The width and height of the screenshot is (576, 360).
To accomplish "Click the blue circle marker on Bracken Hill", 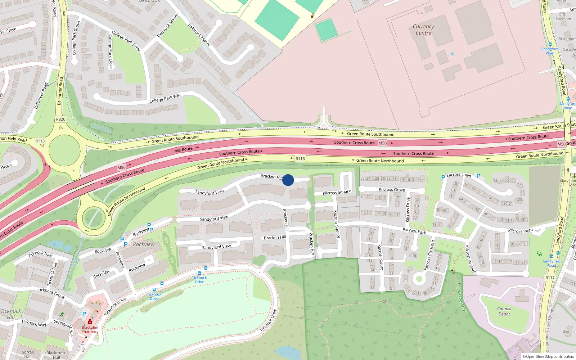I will (x=288, y=180).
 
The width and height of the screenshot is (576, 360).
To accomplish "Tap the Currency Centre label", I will (x=423, y=30).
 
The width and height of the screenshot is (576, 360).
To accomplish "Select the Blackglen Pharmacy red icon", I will (x=90, y=321).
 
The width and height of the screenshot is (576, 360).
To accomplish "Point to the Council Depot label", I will (x=504, y=311).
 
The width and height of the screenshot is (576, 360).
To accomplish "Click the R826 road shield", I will (x=60, y=119).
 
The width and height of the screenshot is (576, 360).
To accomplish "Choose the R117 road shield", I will (x=550, y=278).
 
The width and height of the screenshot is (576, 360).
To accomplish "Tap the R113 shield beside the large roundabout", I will (x=40, y=141).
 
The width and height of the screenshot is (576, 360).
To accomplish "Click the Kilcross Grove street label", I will (x=392, y=189).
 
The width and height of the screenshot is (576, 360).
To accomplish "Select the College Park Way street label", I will (x=165, y=98).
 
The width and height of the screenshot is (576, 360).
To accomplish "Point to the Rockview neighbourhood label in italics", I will (x=144, y=244).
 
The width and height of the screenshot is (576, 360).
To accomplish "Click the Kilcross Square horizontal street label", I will (x=337, y=193).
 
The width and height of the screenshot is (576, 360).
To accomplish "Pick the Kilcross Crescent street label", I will (x=429, y=255).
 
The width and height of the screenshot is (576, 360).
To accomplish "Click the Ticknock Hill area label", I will (x=11, y=314).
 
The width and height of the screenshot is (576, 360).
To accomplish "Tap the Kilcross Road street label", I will (x=520, y=231).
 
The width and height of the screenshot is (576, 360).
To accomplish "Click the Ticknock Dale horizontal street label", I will (x=40, y=254).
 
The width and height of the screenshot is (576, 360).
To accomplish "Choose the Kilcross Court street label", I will (x=380, y=257).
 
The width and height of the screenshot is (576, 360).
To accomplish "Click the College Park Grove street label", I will (x=76, y=38).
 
